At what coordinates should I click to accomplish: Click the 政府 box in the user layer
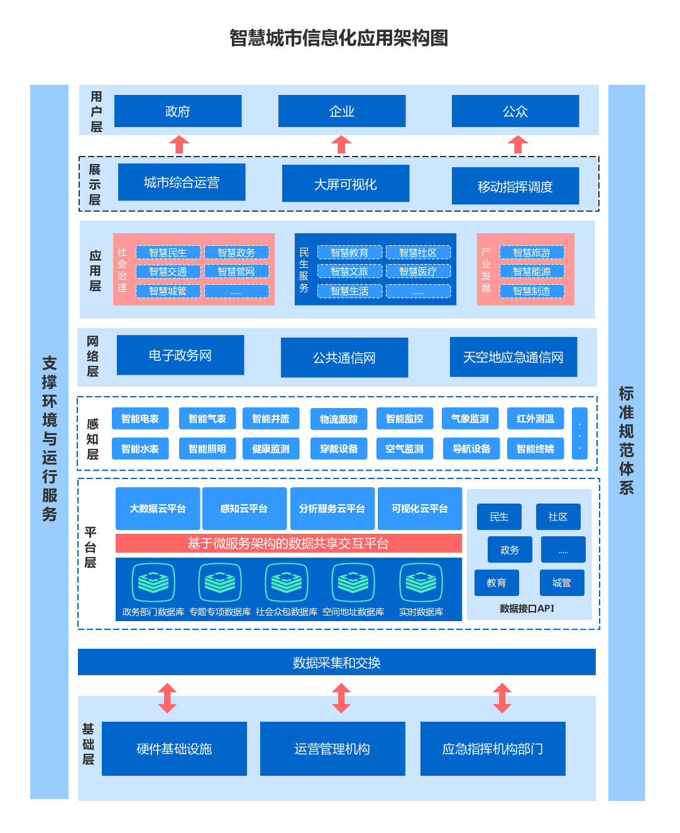pyautogui.click(x=178, y=111)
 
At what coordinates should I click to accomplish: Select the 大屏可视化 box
pyautogui.click(x=346, y=184)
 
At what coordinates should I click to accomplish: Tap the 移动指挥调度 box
pyautogui.click(x=515, y=186)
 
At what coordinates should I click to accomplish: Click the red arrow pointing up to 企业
pyautogui.click(x=341, y=145)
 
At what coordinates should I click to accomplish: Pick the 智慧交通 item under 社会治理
pyautogui.click(x=168, y=272)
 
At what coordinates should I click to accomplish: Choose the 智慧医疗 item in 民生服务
pyautogui.click(x=418, y=272)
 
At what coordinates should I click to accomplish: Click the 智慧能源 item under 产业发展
pyautogui.click(x=532, y=272)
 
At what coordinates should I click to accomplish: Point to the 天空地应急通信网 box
pyautogui.click(x=513, y=357)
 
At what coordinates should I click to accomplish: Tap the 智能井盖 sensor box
pyautogui.click(x=271, y=419)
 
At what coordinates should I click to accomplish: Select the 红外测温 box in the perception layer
pyautogui.click(x=535, y=419)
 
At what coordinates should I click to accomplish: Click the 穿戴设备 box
pyautogui.click(x=339, y=449)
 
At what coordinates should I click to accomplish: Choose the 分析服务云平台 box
pyautogui.click(x=332, y=509)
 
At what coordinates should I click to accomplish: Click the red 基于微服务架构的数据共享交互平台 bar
pyautogui.click(x=288, y=543)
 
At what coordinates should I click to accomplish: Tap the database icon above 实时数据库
pyautogui.click(x=421, y=582)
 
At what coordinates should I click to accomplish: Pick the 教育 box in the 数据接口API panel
pyautogui.click(x=496, y=583)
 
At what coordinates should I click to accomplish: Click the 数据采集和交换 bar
pyautogui.click(x=337, y=663)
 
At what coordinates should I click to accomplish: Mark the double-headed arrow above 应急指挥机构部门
pyautogui.click(x=502, y=698)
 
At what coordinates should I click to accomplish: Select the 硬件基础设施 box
pyautogui.click(x=174, y=749)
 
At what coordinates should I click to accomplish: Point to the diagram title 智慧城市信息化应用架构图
pyautogui.click(x=339, y=38)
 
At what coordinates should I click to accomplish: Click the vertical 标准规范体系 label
pyautogui.click(x=627, y=440)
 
